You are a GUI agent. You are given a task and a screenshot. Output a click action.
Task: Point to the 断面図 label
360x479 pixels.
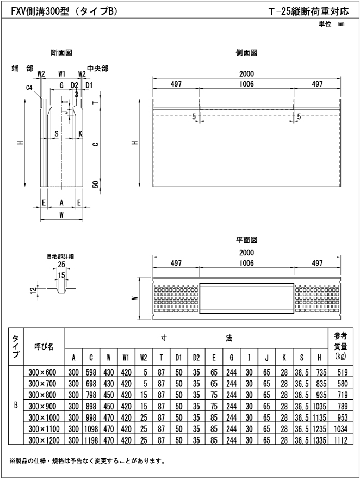[x=61, y=53]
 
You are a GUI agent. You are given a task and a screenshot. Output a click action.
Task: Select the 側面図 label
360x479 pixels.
[x=246, y=53]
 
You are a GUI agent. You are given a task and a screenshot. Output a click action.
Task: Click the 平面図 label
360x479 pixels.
[x=246, y=239]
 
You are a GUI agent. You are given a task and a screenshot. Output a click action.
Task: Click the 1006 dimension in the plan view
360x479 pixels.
[x=246, y=262]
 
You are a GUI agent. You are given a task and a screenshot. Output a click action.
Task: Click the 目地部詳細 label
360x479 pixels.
[x=60, y=256]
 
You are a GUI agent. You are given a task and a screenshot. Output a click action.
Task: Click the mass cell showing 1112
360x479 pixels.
[x=340, y=439]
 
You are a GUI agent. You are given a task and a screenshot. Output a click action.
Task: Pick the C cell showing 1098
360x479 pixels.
[x=91, y=427]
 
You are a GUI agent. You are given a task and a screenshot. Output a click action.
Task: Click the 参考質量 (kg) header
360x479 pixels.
[x=340, y=347]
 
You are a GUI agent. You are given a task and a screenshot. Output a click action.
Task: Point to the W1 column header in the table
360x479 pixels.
[x=126, y=358]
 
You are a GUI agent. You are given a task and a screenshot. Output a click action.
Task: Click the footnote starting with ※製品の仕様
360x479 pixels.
[x=87, y=462]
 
